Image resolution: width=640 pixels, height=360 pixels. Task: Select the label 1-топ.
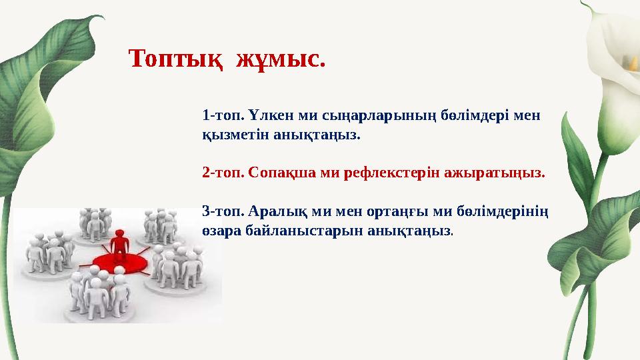pos(221,115)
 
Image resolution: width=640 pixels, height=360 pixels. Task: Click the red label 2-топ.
pos(222,173)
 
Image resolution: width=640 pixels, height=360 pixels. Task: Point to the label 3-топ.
pos(222,212)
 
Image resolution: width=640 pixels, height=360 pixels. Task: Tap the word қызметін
pos(235,135)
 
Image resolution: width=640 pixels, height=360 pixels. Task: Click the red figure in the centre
pos(119,245)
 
